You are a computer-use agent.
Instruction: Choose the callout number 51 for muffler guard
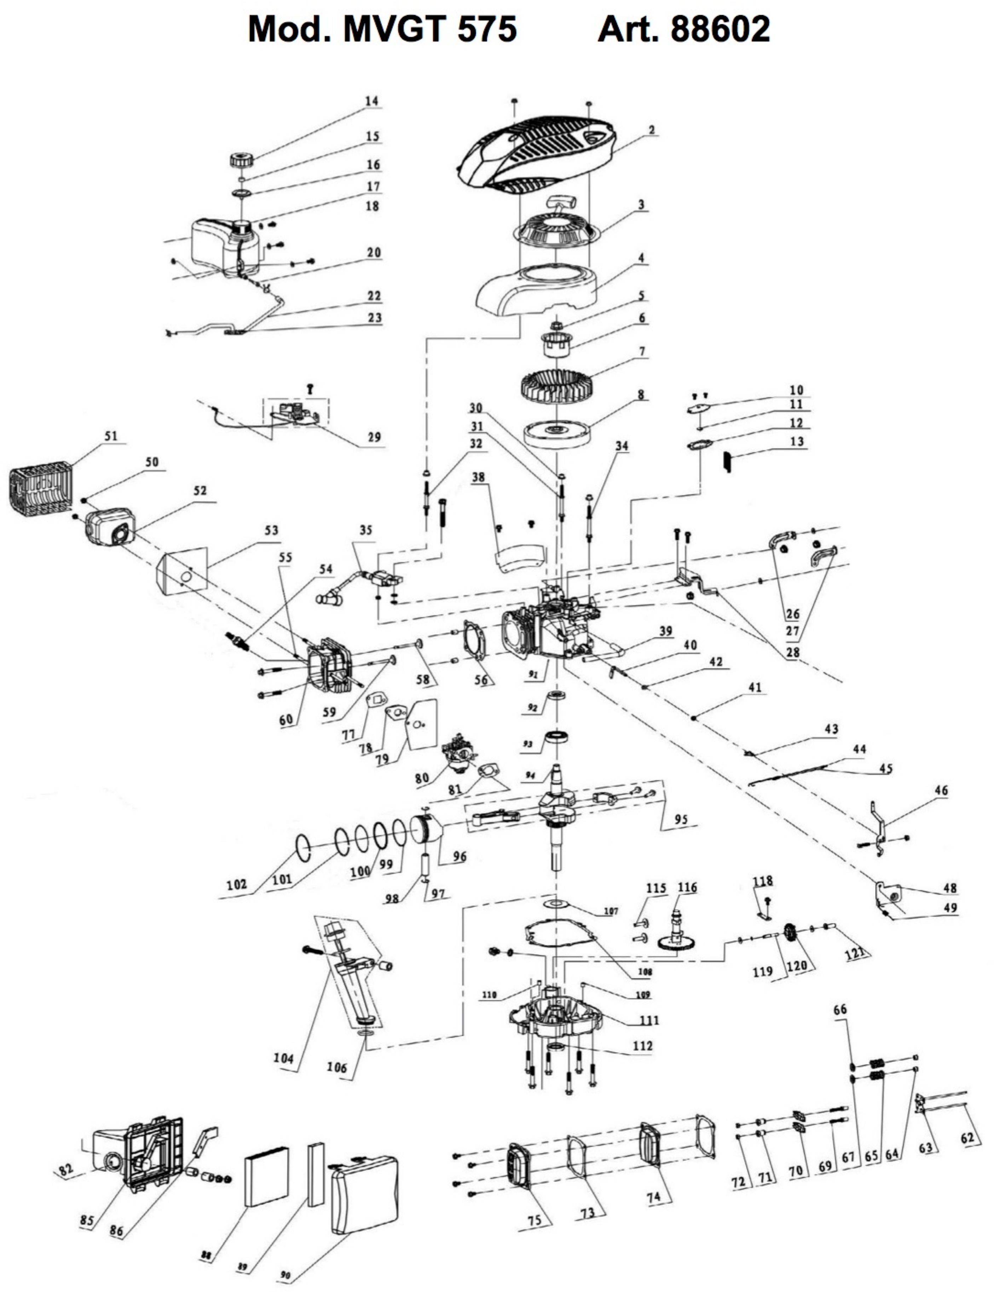(x=111, y=436)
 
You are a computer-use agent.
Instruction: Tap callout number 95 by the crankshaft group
(x=681, y=820)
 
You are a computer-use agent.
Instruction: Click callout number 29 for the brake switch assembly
(x=374, y=437)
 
